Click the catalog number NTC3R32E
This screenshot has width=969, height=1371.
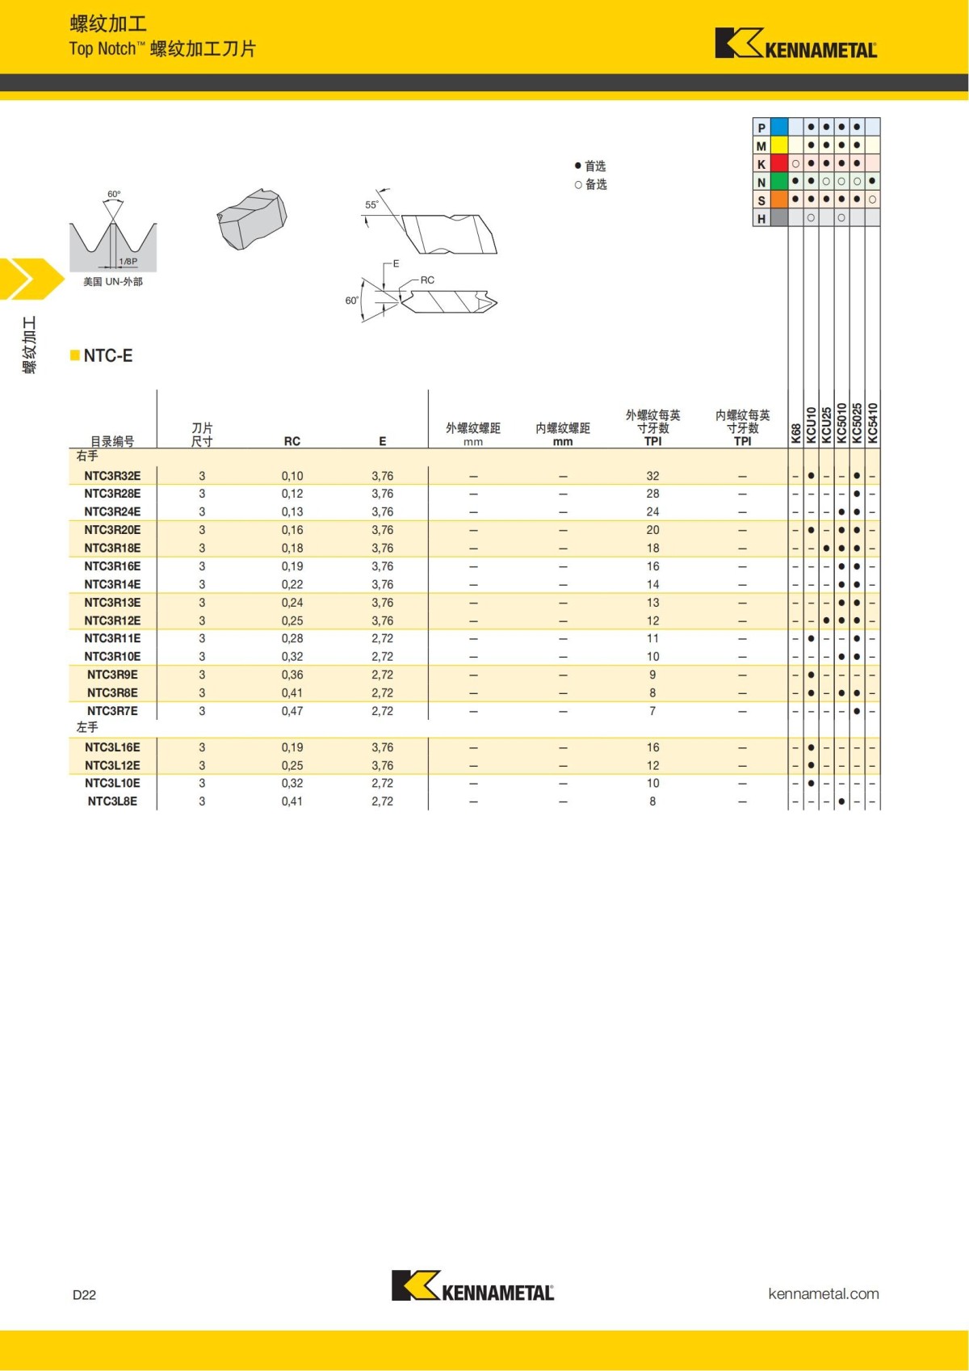(112, 476)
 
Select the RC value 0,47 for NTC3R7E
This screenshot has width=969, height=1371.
(292, 711)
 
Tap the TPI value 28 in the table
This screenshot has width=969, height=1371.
(652, 494)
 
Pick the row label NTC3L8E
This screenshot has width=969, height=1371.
(112, 801)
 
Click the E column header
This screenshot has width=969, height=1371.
(383, 441)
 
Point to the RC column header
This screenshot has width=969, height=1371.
(292, 441)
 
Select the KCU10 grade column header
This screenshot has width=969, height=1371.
(811, 424)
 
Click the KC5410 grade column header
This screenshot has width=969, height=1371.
(872, 423)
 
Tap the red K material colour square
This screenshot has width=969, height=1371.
(779, 163)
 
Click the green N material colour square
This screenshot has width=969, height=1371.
(779, 182)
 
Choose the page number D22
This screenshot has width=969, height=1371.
(84, 1294)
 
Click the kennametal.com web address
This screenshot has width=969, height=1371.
(824, 1293)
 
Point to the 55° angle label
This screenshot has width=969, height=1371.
(371, 204)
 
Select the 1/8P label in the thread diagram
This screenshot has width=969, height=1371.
(128, 262)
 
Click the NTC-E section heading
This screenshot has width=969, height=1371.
(107, 355)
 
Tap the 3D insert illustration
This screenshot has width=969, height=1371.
(252, 218)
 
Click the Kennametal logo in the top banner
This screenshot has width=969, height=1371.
(795, 44)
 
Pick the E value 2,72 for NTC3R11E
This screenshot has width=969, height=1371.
(383, 638)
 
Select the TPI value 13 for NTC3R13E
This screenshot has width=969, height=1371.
(652, 603)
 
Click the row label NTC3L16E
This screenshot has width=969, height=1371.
(112, 747)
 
